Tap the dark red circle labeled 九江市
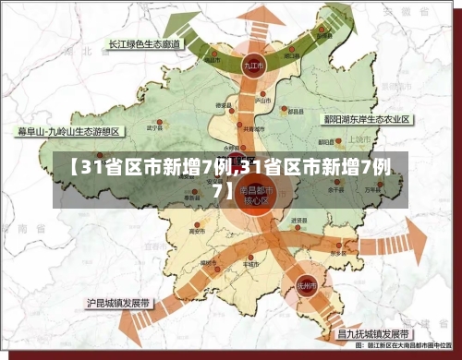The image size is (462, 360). coord(252,67)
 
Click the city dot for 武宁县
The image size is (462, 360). coord(159,121)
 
